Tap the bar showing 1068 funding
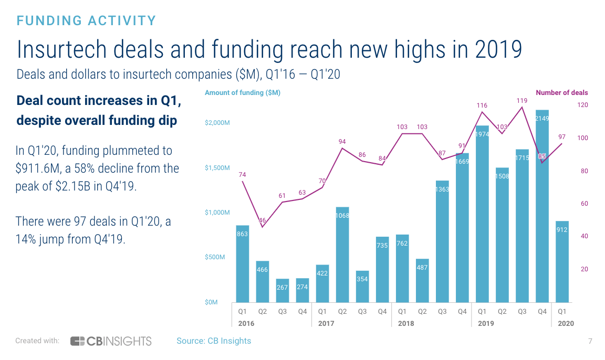[x=342, y=255]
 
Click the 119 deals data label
[x=521, y=100]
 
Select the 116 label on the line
[x=482, y=105]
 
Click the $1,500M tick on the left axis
[x=216, y=168]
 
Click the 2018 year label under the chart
[x=406, y=323]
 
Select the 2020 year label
[x=566, y=323]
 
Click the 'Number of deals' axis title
[x=561, y=93]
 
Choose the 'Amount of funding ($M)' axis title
[x=243, y=93]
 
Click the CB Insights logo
[x=111, y=341]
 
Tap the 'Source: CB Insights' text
[x=214, y=341]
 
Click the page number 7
[x=590, y=341]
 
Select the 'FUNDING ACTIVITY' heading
[x=87, y=21]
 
